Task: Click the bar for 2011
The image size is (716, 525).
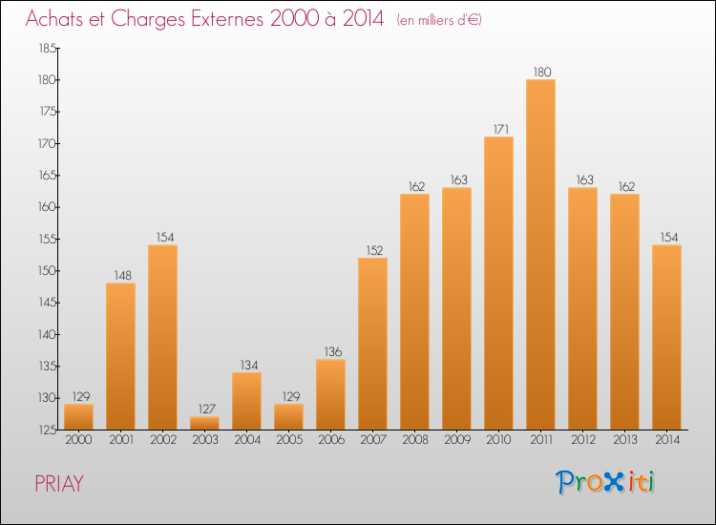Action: pyautogui.click(x=540, y=254)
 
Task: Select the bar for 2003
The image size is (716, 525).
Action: pyautogui.click(x=204, y=423)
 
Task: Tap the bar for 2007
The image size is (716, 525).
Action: pyautogui.click(x=372, y=344)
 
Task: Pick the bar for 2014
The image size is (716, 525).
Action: pyautogui.click(x=666, y=337)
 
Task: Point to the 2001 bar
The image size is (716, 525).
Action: pyautogui.click(x=120, y=356)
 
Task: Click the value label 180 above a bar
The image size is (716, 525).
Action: pyautogui.click(x=540, y=72)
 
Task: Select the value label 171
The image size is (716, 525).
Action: pyautogui.click(x=498, y=129)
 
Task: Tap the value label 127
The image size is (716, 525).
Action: pyautogui.click(x=204, y=409)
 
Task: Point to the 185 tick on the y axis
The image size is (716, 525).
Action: pyautogui.click(x=46, y=48)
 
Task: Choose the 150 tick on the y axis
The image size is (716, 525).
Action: pyautogui.click(x=46, y=271)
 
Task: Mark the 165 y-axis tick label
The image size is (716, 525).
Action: pyautogui.click(x=46, y=176)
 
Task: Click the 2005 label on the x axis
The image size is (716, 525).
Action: pyautogui.click(x=288, y=440)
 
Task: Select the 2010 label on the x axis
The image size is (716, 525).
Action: pyautogui.click(x=498, y=440)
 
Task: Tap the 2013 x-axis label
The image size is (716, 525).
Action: pyautogui.click(x=624, y=440)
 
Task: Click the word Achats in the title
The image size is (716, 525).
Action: pyautogui.click(x=58, y=20)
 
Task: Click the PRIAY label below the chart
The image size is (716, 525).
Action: pyautogui.click(x=59, y=484)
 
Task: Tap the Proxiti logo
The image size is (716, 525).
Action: pyautogui.click(x=605, y=482)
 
